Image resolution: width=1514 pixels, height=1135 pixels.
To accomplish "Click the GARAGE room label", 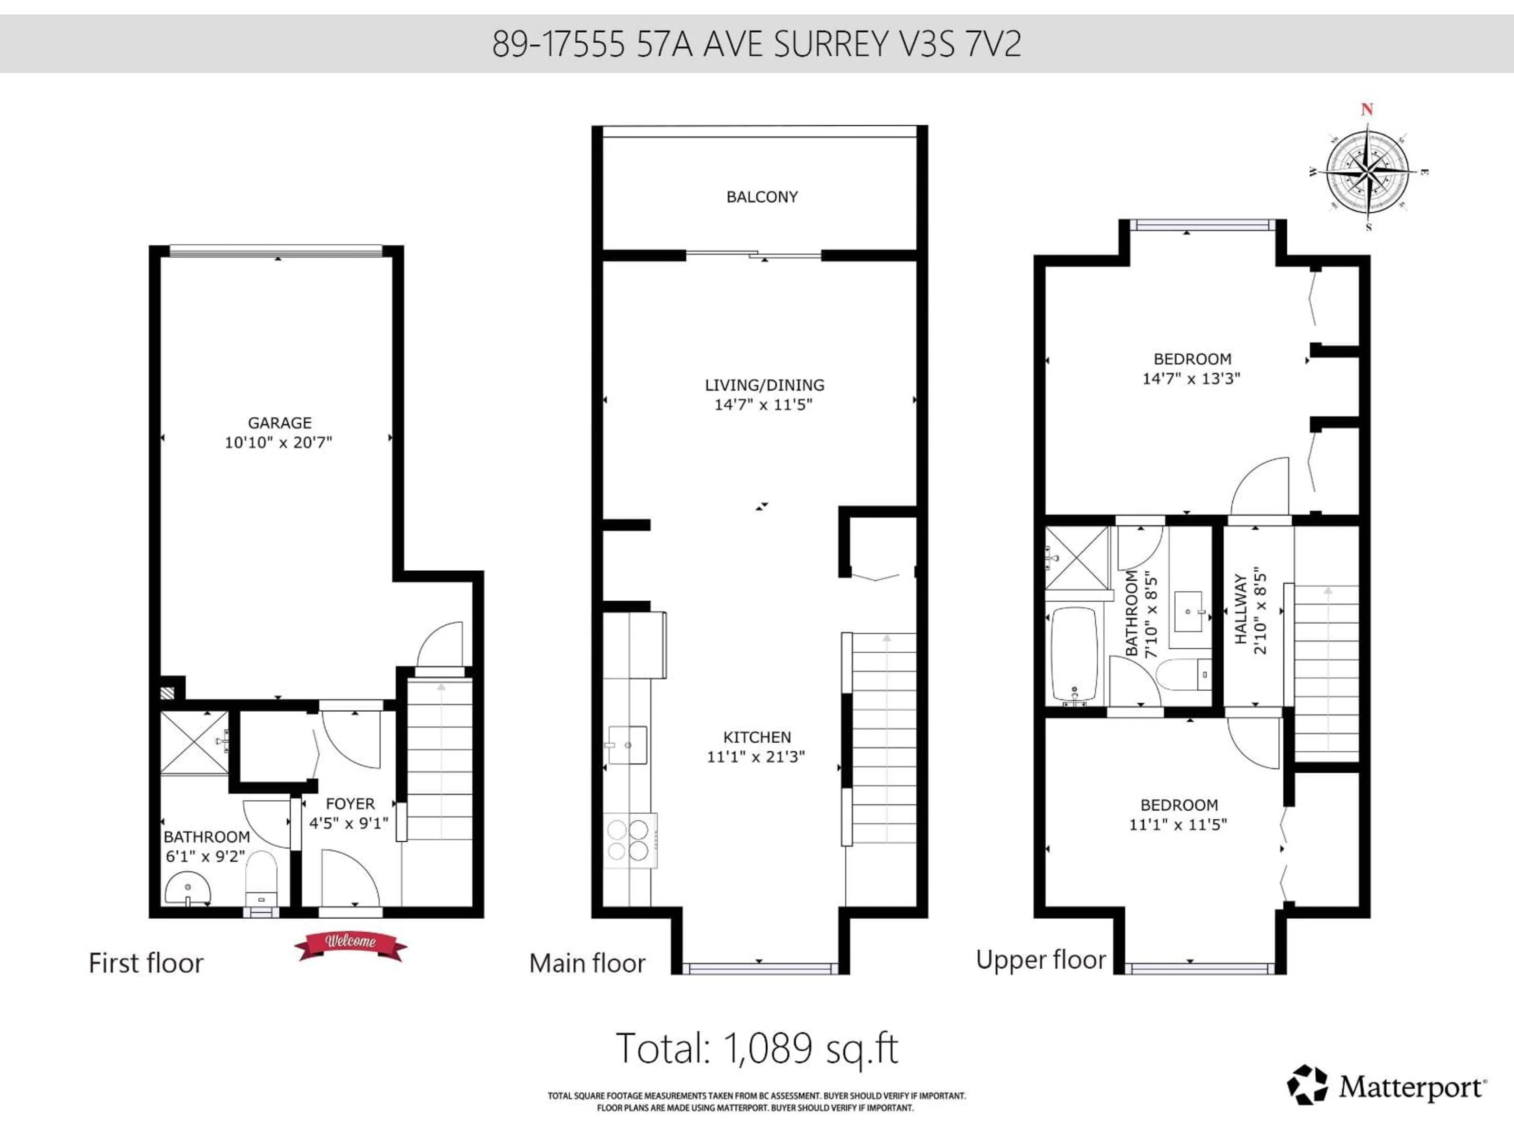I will (x=279, y=423).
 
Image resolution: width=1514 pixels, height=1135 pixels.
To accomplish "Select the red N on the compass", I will (x=1367, y=110).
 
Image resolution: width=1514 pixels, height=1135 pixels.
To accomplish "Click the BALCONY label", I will (x=762, y=197).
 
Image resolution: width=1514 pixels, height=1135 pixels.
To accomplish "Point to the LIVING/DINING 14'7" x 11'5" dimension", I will (x=763, y=404).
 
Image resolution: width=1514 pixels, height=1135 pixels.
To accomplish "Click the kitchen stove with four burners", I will (x=628, y=840).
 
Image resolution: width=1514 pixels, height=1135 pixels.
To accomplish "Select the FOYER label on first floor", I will (x=350, y=804).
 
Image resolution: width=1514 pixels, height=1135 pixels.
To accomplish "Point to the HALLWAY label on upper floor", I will (x=1240, y=609).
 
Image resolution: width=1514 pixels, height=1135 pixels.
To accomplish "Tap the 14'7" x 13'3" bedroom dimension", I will (x=1191, y=378).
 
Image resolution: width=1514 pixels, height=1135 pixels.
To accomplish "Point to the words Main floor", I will (x=587, y=963).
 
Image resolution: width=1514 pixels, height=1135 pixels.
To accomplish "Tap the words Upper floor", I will (x=1040, y=960).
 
